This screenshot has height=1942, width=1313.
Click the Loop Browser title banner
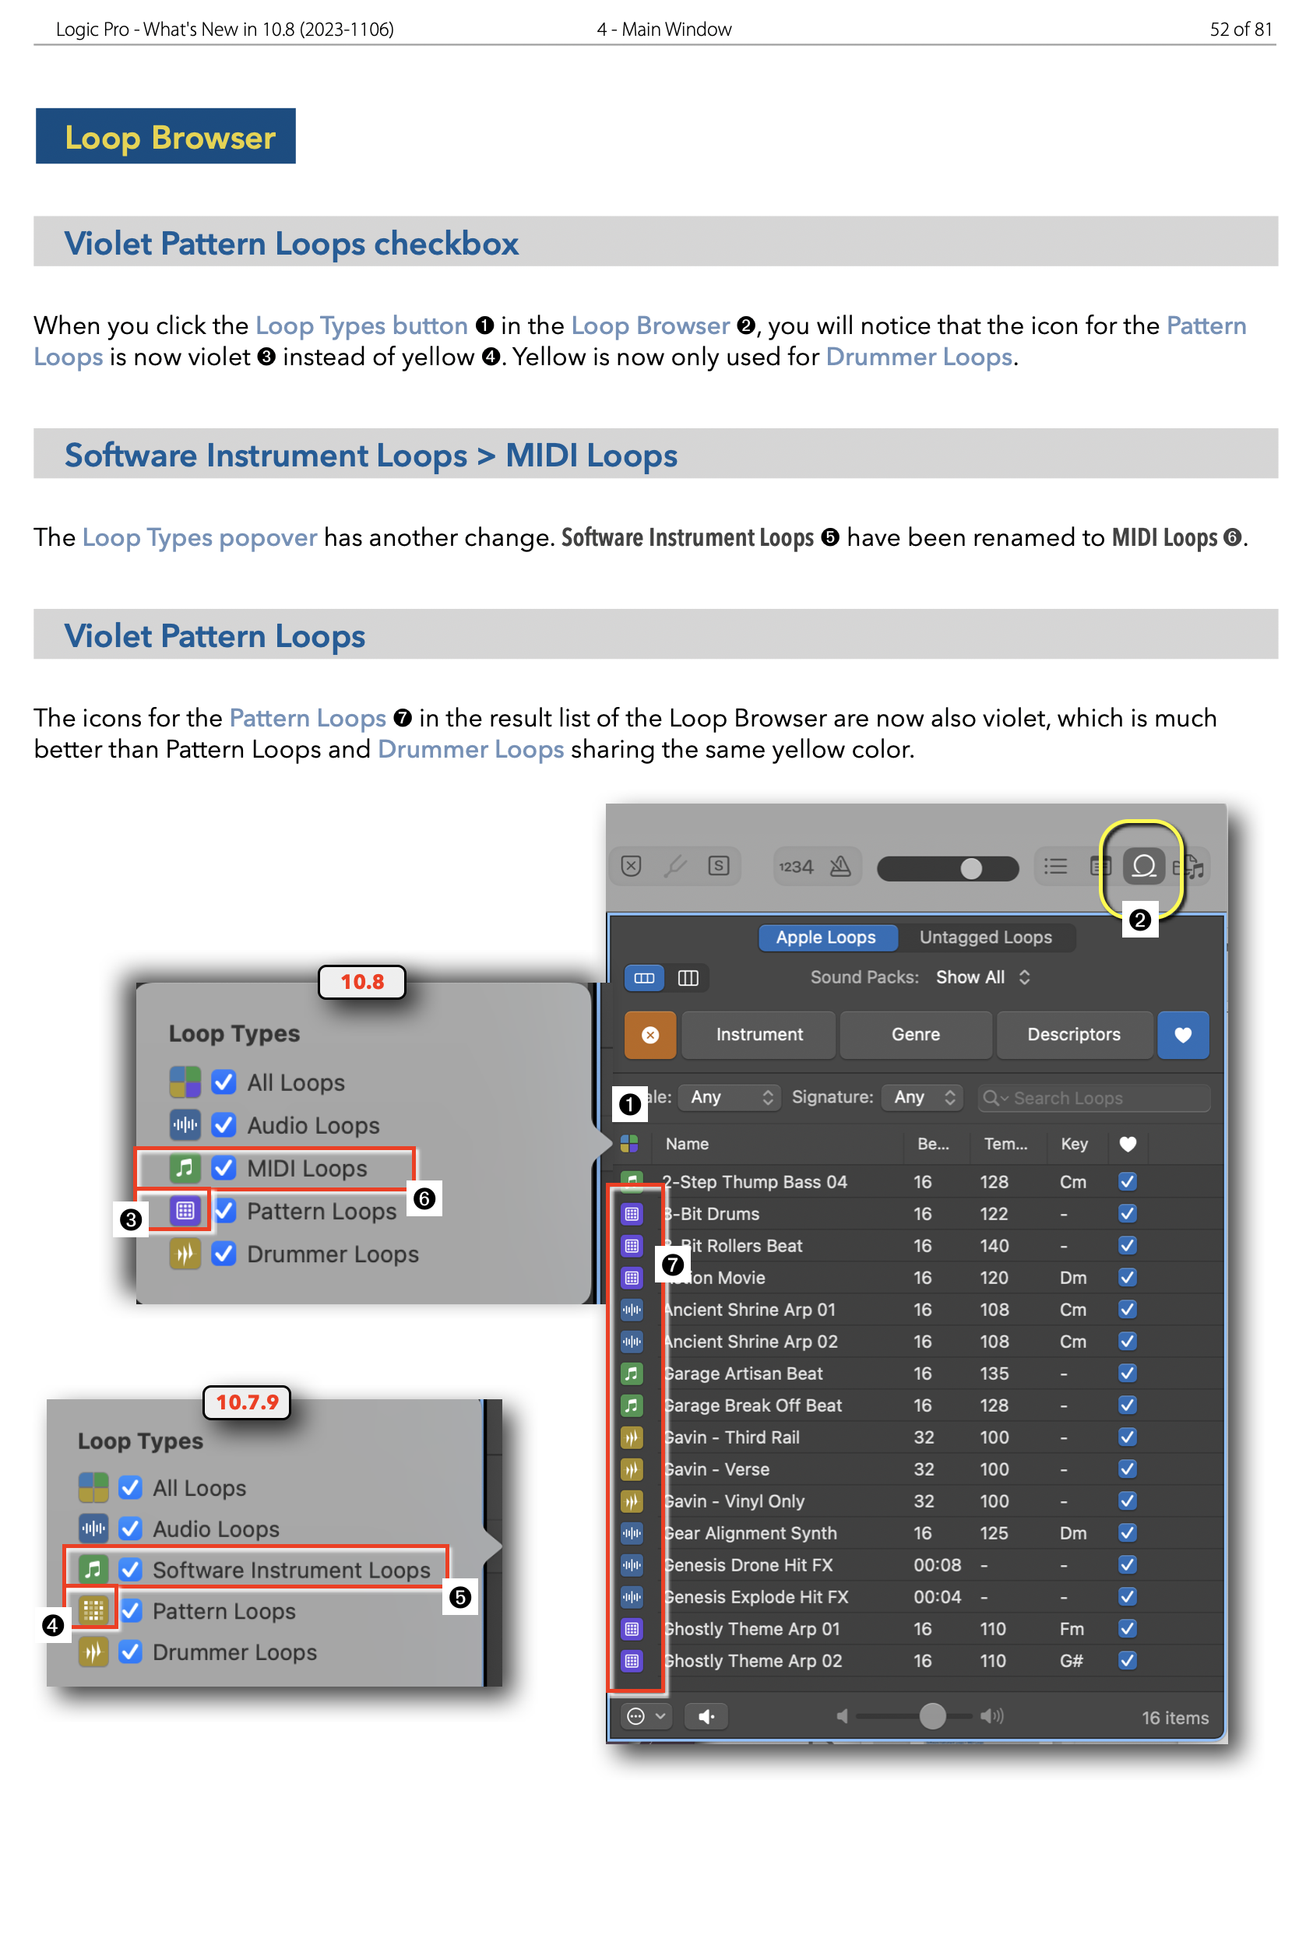165,136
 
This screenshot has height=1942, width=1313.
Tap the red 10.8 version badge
361,981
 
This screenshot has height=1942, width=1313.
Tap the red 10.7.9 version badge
247,1402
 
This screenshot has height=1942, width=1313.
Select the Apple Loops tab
825,937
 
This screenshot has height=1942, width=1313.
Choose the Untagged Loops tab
984,937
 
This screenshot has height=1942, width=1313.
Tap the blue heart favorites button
1182,1035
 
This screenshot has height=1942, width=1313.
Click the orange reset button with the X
649,1035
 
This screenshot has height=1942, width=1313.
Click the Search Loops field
1095,1097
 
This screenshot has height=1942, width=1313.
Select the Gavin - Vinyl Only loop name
735,1500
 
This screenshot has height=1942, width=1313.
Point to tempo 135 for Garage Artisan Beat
994,1373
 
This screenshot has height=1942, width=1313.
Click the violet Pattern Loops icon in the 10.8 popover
185,1209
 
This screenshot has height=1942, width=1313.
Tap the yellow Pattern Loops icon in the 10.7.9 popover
93,1610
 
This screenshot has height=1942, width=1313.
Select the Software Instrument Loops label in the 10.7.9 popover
290,1569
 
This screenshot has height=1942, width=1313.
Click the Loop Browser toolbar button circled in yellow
1142,866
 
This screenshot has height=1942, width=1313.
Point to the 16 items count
1174,1717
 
